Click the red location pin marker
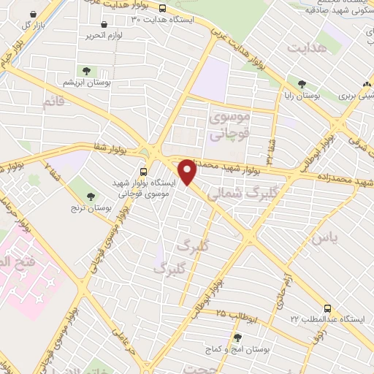coord(188,172)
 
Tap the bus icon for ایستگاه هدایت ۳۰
coord(161,9)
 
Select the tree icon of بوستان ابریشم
coord(87,71)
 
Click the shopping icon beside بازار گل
coord(31,14)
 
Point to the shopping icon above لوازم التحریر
coord(104,23)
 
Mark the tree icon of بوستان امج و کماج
coord(237,337)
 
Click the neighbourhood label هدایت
coord(305,48)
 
